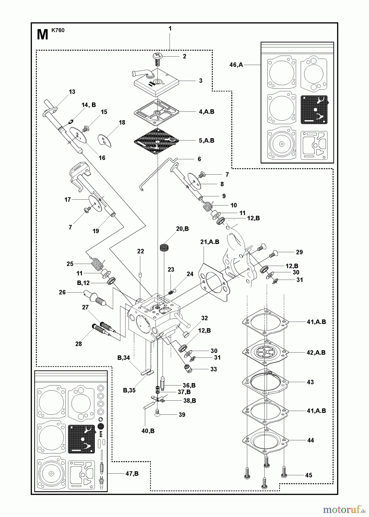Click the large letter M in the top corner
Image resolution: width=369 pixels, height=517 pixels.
tap(43, 35)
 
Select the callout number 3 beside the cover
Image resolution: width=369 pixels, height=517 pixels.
tap(201, 81)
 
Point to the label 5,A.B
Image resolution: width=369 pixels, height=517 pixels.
tap(206, 140)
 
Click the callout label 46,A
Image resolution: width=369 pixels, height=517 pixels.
tap(236, 65)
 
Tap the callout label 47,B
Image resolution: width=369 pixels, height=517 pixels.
tap(132, 474)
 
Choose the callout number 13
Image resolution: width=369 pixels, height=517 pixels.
tap(72, 92)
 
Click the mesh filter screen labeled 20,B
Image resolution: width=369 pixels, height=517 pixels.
tap(164, 248)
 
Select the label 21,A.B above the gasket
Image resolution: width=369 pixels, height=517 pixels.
tap(210, 242)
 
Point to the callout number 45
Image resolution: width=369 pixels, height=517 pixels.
tap(308, 475)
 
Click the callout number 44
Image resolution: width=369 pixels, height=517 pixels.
tap(310, 440)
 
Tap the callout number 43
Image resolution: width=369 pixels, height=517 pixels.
tap(310, 382)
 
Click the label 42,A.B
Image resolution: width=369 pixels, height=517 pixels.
tap(316, 352)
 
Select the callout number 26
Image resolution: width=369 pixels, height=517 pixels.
tap(62, 292)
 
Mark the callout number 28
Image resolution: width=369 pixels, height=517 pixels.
tap(78, 344)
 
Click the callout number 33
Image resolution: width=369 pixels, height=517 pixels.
tap(213, 369)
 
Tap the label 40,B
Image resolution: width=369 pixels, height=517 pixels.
tap(148, 431)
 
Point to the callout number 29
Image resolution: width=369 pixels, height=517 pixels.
tap(299, 252)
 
